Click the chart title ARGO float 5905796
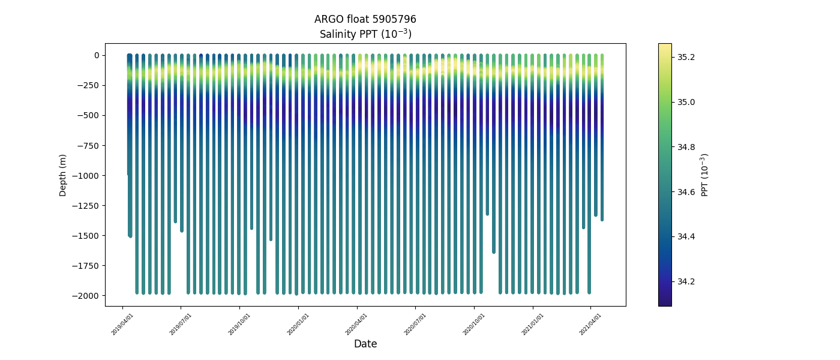(365, 19)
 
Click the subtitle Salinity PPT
(365, 34)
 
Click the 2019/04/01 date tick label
(123, 324)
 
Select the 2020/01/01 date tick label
(299, 324)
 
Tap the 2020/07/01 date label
(416, 324)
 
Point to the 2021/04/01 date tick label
(591, 324)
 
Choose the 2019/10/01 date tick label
(240, 324)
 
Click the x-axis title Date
(365, 344)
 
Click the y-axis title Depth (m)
(63, 175)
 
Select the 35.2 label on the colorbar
(686, 57)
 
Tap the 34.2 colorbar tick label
(686, 281)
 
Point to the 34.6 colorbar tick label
(686, 192)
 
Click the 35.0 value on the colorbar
(686, 102)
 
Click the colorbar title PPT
(705, 175)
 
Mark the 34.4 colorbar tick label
(686, 236)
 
